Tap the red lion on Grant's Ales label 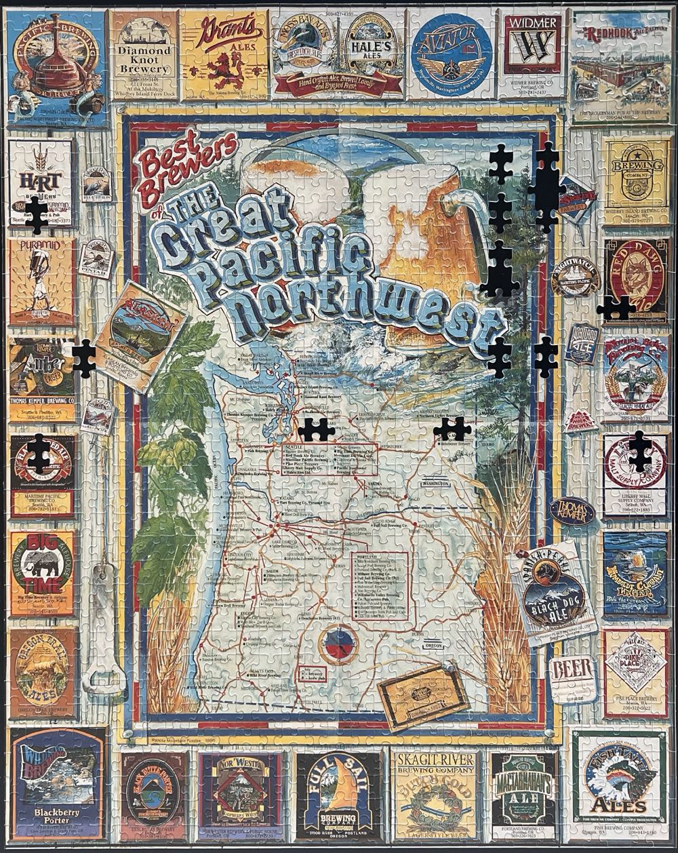click(222, 68)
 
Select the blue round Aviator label click(451, 52)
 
